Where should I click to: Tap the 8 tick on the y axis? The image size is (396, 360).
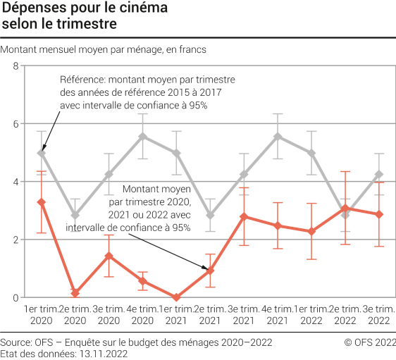(x=16, y=66)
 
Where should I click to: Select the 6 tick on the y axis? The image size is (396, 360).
(x=16, y=124)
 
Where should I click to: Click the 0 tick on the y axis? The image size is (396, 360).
(x=16, y=297)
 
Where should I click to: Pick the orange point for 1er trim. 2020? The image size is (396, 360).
(x=41, y=202)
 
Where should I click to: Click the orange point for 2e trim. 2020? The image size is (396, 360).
(x=75, y=292)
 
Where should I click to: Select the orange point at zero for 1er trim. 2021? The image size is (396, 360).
(x=176, y=297)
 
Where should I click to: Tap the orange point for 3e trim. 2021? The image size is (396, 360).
(x=244, y=216)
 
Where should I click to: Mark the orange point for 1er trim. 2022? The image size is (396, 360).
(x=311, y=231)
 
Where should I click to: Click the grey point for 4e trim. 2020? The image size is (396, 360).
(x=142, y=136)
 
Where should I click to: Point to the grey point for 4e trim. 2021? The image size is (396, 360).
(x=278, y=136)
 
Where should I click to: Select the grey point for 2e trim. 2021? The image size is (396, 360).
(x=210, y=215)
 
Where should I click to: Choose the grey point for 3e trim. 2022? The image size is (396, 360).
(x=379, y=174)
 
